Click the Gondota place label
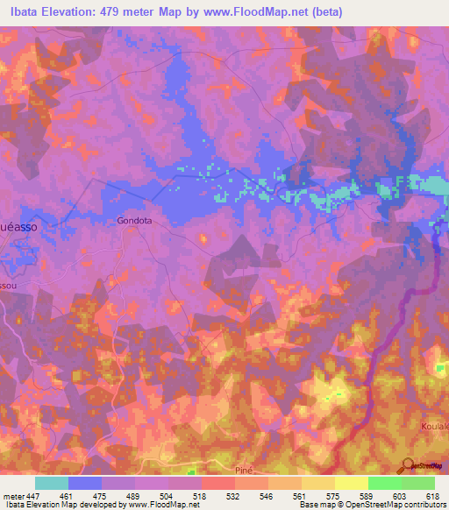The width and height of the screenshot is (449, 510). pos(134,221)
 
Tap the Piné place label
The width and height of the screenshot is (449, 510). pos(245,471)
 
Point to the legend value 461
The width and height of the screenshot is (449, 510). pos(77,495)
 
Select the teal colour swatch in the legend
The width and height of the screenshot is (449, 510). pos(52,483)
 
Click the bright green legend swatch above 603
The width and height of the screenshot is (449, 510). pos(384,483)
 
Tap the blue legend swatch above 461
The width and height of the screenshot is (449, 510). pos(85,483)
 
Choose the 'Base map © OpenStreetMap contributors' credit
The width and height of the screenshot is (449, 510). pos(371,505)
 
